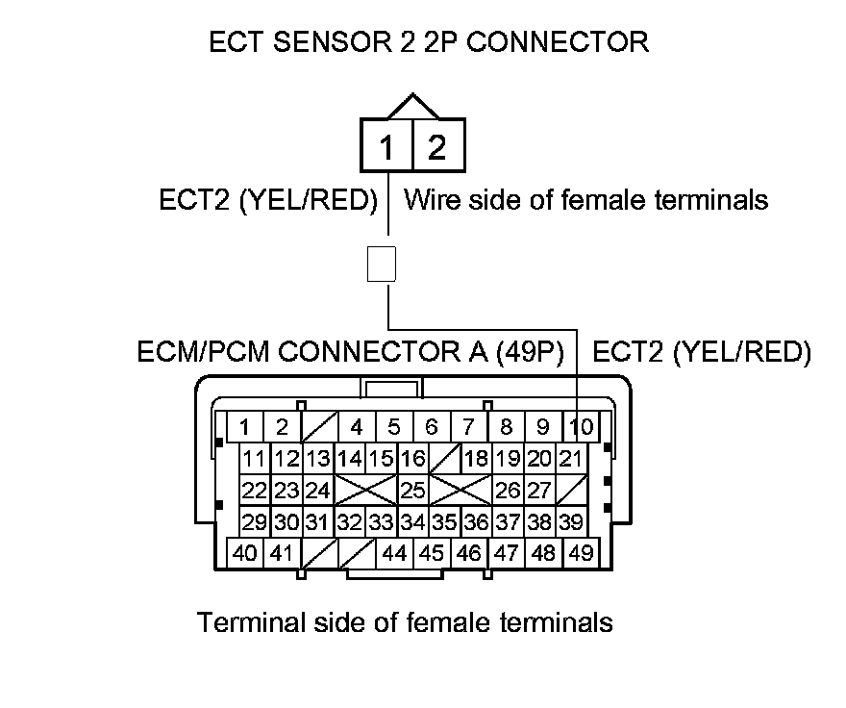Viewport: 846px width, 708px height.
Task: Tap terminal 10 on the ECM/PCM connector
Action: [x=580, y=426]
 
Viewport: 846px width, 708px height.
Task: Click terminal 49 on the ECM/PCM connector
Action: [x=580, y=553]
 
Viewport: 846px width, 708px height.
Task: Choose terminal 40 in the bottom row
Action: [x=246, y=553]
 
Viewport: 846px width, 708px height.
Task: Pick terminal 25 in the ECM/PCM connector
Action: [x=412, y=491]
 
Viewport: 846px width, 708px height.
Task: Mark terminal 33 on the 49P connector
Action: [x=382, y=522]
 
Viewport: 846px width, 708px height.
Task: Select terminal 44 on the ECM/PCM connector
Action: [x=394, y=553]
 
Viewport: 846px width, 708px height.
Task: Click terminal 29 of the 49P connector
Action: [x=255, y=522]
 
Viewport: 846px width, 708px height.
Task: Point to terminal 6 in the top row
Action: [x=432, y=426]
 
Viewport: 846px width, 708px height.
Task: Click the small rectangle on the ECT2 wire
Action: [x=382, y=263]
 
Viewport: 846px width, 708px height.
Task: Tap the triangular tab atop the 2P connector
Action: [x=412, y=104]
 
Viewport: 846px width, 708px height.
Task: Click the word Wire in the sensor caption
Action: [x=428, y=200]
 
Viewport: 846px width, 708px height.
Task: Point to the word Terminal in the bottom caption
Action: [x=252, y=622]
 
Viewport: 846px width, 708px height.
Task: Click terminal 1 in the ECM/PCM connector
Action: [x=246, y=426]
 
